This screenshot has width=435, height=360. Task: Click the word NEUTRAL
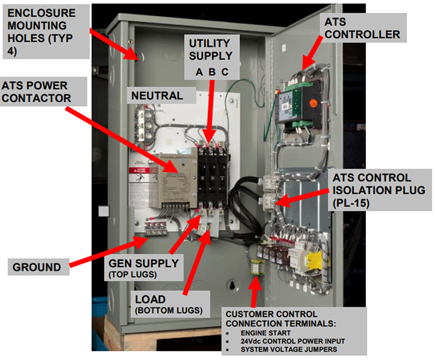[157, 95]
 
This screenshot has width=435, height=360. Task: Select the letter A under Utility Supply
[199, 73]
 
